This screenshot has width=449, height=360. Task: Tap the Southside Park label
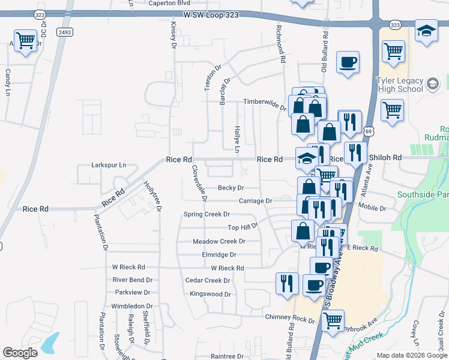(423, 194)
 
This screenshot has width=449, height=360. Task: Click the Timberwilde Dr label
(264, 103)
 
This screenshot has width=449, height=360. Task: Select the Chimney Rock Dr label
(290, 316)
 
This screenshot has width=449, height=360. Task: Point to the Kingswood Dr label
(210, 294)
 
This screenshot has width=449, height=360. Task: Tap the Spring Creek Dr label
(206, 214)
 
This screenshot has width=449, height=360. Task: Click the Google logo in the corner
(20, 352)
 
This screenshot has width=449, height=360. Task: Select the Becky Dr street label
(231, 188)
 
